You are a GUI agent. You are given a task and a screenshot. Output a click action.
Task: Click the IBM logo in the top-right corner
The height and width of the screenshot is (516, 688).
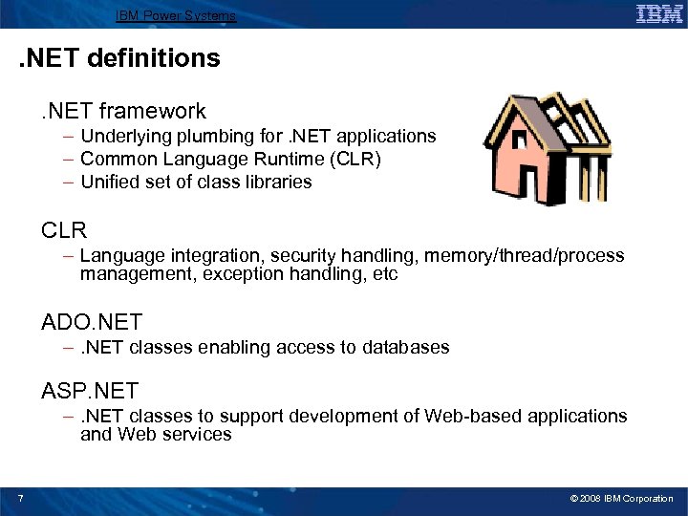coord(659,14)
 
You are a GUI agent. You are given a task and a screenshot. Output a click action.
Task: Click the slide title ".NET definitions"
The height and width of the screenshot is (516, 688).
coord(119,58)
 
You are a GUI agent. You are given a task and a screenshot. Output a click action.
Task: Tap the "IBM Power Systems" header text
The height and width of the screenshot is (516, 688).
coord(175,15)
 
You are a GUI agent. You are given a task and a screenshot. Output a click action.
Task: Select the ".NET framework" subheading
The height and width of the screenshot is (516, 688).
coord(123,112)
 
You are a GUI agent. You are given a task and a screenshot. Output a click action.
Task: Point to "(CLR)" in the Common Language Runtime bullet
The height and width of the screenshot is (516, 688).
coord(356,159)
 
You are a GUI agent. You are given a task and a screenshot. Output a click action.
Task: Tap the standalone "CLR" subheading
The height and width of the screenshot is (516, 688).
coord(64,230)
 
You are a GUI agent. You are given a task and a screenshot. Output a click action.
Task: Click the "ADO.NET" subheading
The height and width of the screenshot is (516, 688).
coord(91,323)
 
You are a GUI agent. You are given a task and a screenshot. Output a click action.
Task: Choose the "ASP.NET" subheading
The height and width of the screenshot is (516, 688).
coord(90,391)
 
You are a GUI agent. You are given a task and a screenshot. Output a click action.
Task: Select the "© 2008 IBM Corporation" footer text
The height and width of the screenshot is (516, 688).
coord(621,499)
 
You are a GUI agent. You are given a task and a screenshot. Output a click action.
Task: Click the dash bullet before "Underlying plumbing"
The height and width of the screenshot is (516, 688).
coord(70,137)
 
